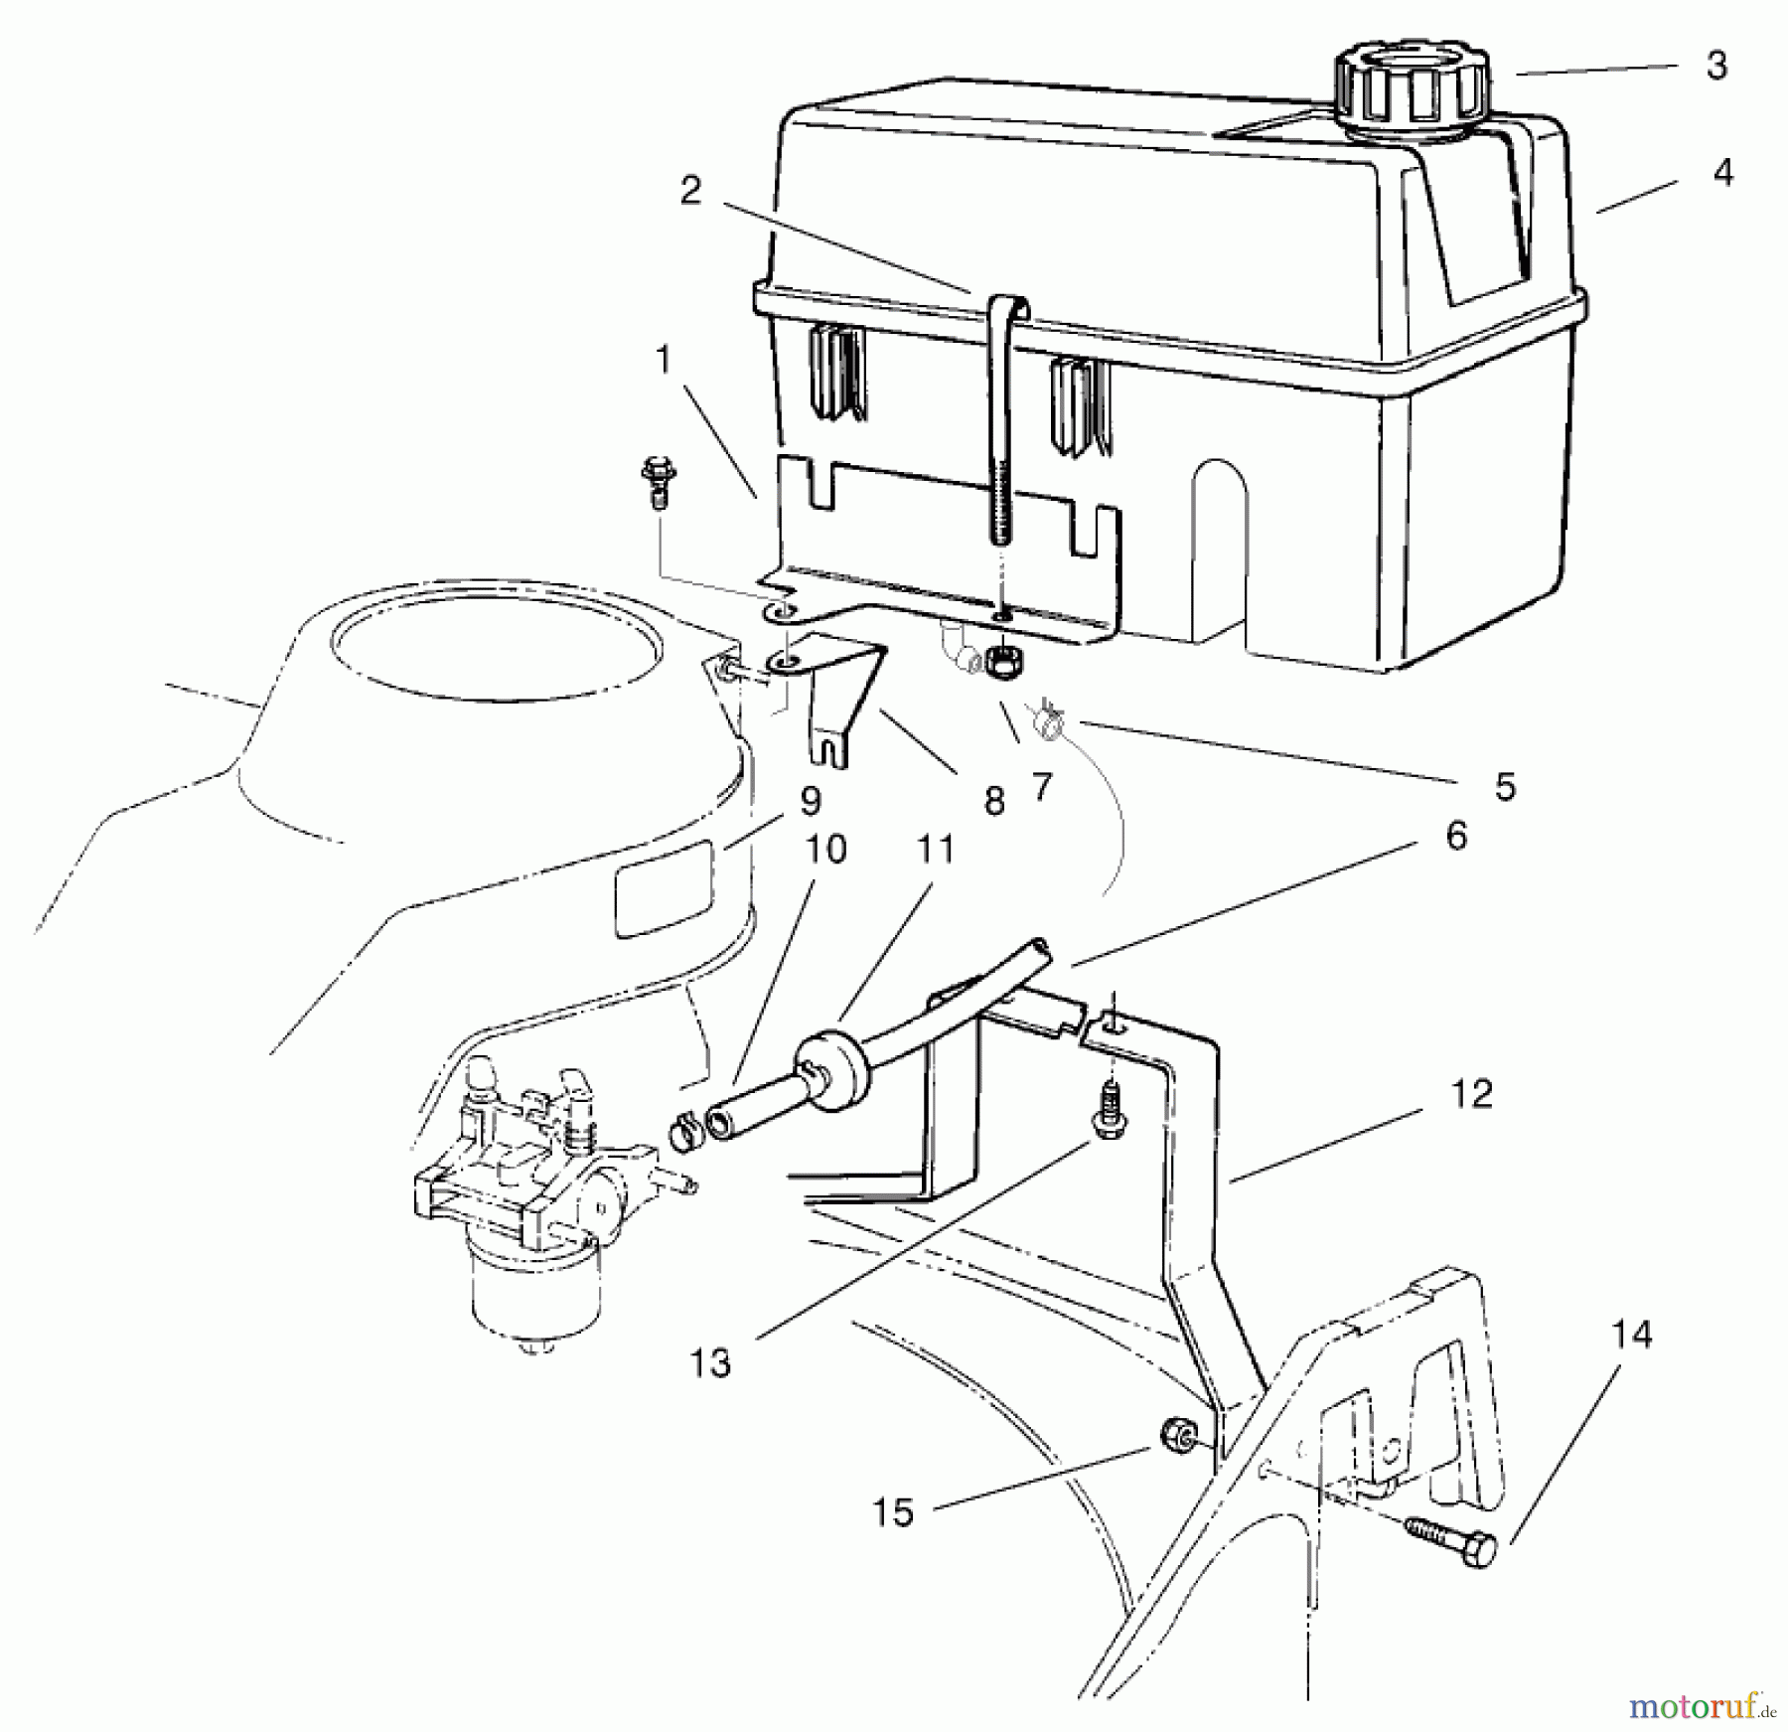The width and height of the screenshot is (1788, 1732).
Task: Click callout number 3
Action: point(1716,66)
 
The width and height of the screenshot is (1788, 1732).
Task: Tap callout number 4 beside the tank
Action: point(1723,172)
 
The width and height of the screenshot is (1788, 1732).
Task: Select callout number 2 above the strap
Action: point(691,191)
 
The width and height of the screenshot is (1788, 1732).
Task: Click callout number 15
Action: point(893,1513)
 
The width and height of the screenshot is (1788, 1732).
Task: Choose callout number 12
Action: point(1471,1094)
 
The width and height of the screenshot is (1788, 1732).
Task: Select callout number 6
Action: point(1455,836)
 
